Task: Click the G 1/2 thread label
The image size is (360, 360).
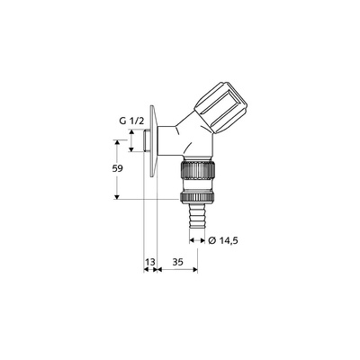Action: (132, 121)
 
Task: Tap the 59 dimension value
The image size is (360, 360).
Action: (117, 168)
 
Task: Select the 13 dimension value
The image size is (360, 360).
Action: (150, 262)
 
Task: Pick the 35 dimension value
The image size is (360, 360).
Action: (177, 262)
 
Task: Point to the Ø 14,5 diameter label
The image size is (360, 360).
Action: (223, 240)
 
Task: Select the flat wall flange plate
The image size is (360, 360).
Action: (153, 141)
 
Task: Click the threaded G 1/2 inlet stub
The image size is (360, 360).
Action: (146, 140)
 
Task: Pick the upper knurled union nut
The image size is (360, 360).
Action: (197, 171)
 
